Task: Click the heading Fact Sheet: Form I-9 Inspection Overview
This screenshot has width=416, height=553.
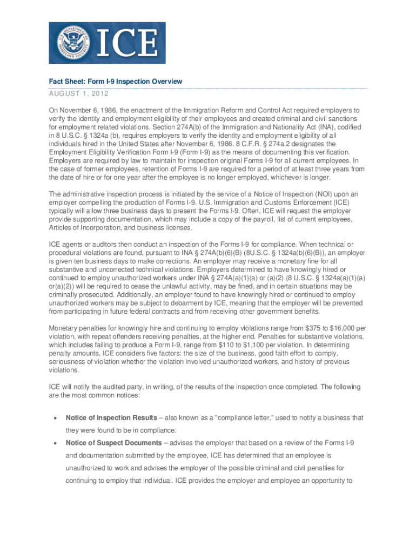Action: coord(116,82)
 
